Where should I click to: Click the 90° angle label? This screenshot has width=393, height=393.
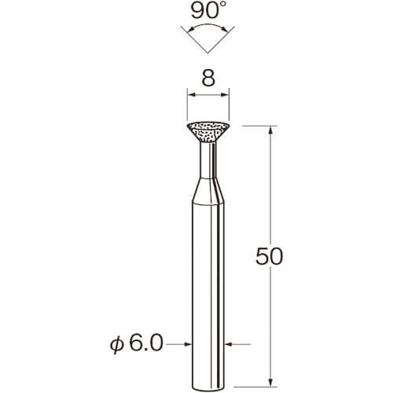point(208,10)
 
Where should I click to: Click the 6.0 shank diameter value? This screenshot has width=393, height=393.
point(146,343)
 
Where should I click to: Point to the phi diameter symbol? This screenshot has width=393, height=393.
point(116,345)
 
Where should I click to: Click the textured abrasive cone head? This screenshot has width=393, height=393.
point(208,132)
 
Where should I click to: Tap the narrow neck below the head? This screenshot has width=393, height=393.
point(208,160)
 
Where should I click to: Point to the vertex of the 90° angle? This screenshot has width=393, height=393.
point(208,53)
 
